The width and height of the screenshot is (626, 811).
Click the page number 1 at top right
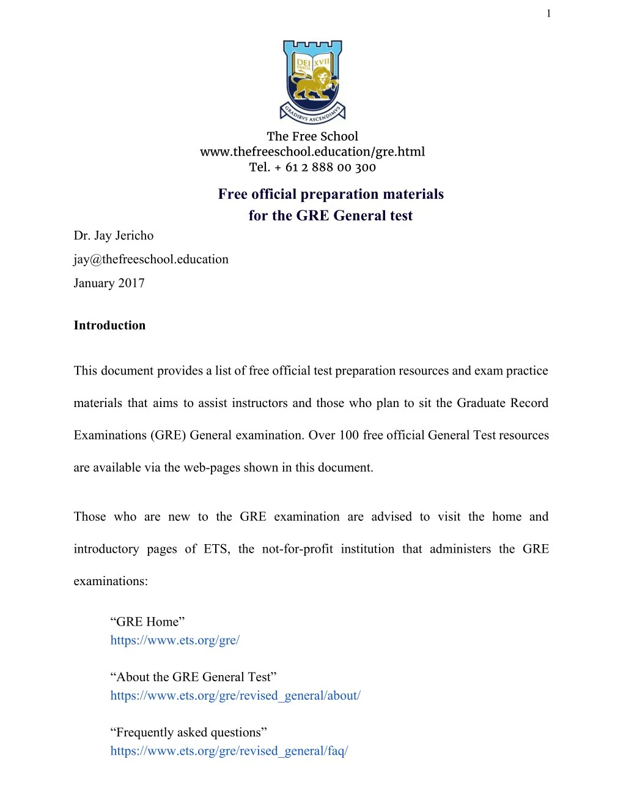(x=548, y=13)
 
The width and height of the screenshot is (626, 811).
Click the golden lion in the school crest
(x=313, y=84)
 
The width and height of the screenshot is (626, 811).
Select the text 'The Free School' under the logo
(x=312, y=136)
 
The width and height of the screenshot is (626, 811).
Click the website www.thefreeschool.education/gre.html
(x=312, y=152)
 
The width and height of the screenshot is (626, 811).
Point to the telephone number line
(x=312, y=167)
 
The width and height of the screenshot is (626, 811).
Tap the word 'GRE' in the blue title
(x=312, y=216)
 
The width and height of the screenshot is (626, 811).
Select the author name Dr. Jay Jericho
(x=114, y=236)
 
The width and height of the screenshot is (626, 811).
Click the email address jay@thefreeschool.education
(x=151, y=260)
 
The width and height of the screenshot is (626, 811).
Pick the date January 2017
(x=109, y=283)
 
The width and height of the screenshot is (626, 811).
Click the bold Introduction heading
(x=110, y=326)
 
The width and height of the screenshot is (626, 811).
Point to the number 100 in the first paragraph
(x=349, y=435)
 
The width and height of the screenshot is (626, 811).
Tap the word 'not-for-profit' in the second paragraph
(x=297, y=549)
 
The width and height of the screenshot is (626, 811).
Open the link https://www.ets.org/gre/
(x=175, y=640)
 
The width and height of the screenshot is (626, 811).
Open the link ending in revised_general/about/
(x=235, y=695)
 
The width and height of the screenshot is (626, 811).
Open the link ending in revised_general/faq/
(x=229, y=751)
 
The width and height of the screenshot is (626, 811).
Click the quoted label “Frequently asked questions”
(x=189, y=733)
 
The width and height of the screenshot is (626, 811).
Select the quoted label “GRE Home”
(x=147, y=622)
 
